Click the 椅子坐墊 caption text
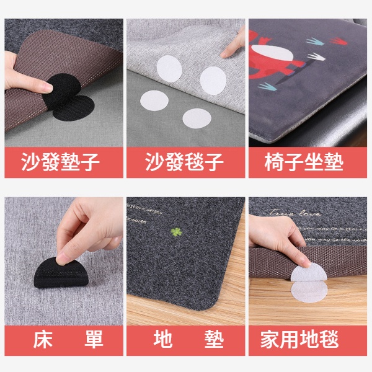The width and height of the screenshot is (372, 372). coord(308,162)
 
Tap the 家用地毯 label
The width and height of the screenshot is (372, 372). coord(308,340)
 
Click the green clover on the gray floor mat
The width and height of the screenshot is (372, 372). coord(175,232)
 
